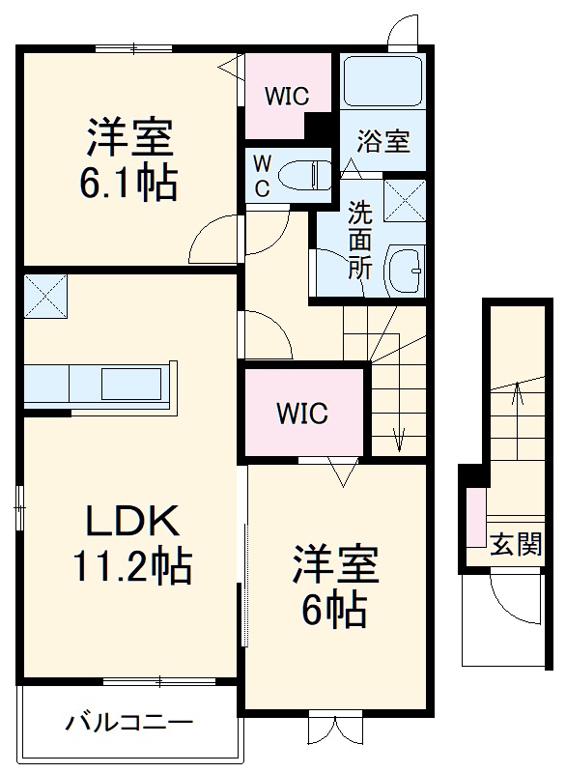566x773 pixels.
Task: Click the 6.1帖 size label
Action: click(129, 184)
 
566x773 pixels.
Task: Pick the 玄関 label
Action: click(515, 546)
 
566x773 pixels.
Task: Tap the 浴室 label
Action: click(383, 142)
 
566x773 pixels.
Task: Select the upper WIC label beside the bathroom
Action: click(288, 97)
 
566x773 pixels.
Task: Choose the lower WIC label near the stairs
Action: click(303, 414)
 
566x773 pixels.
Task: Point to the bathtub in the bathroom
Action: click(382, 82)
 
